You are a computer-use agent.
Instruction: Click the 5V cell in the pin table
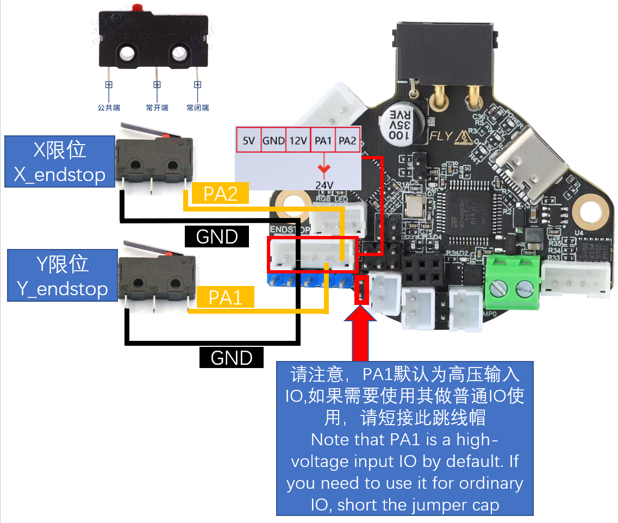[248, 140]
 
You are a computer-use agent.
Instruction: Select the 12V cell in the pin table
[298, 140]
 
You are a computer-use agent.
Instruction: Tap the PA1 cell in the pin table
[323, 140]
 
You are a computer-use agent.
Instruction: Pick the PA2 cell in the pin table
[347, 140]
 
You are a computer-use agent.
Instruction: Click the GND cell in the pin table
[273, 140]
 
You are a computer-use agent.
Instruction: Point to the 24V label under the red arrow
[324, 184]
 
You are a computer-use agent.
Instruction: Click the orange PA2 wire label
[220, 194]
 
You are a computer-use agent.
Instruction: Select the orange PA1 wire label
[226, 297]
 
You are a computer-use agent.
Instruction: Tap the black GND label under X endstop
[217, 236]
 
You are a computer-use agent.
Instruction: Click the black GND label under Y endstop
[232, 357]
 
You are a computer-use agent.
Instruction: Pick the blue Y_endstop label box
[62, 276]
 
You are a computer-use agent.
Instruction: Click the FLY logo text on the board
[441, 135]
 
